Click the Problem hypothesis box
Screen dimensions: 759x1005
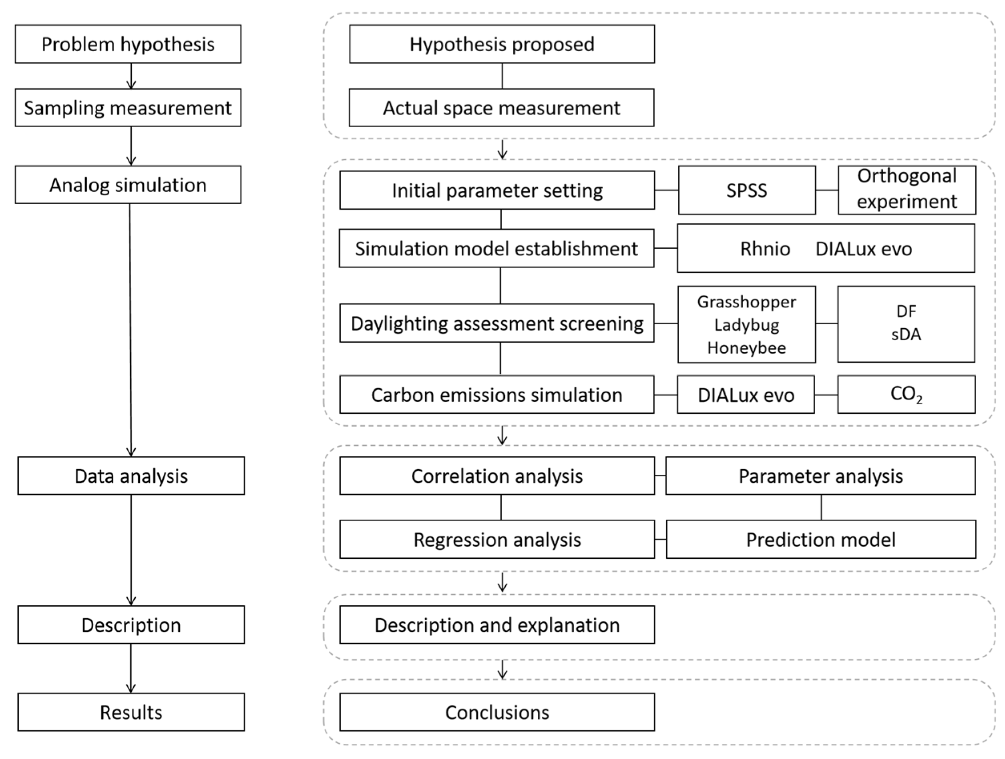click(x=128, y=44)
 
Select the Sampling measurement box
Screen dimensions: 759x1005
click(x=128, y=108)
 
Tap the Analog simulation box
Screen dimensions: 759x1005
click(x=128, y=185)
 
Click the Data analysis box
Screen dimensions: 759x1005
click(x=131, y=476)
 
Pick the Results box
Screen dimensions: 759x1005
click(x=131, y=712)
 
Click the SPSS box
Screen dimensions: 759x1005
click(x=746, y=190)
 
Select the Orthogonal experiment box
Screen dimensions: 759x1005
click(x=907, y=189)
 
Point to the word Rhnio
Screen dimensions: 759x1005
click(x=765, y=249)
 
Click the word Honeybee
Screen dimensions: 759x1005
click(x=746, y=348)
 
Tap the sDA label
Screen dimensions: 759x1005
click(x=906, y=335)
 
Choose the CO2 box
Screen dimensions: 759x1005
click(x=906, y=394)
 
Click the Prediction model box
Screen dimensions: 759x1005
click(x=820, y=539)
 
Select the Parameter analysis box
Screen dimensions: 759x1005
click(x=820, y=476)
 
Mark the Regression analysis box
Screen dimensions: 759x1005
click(x=497, y=539)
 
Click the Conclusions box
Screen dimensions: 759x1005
click(x=497, y=712)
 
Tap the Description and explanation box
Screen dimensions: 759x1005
click(x=497, y=624)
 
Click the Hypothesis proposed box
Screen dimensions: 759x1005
click(x=502, y=44)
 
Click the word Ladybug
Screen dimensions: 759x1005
click(x=746, y=325)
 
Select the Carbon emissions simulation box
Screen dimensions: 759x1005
click(x=496, y=394)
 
